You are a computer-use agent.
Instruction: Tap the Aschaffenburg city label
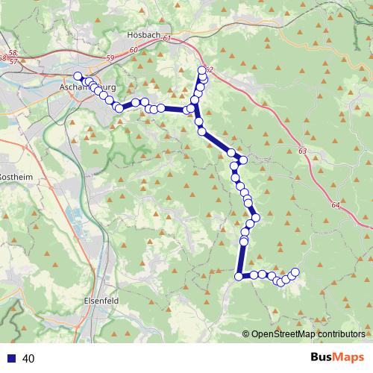click(x=84, y=87)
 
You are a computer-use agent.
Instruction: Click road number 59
click(x=110, y=56)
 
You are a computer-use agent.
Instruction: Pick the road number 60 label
click(x=134, y=49)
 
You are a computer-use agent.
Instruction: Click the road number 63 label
click(x=301, y=151)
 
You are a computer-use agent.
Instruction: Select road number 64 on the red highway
click(x=335, y=203)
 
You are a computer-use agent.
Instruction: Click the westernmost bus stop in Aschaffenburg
click(x=77, y=75)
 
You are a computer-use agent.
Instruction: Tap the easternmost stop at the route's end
click(x=295, y=272)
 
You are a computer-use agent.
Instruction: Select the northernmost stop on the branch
click(x=201, y=71)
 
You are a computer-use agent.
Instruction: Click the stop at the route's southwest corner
click(x=239, y=277)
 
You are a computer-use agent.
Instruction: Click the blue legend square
click(x=12, y=359)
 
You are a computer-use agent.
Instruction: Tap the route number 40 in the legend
click(x=29, y=359)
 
